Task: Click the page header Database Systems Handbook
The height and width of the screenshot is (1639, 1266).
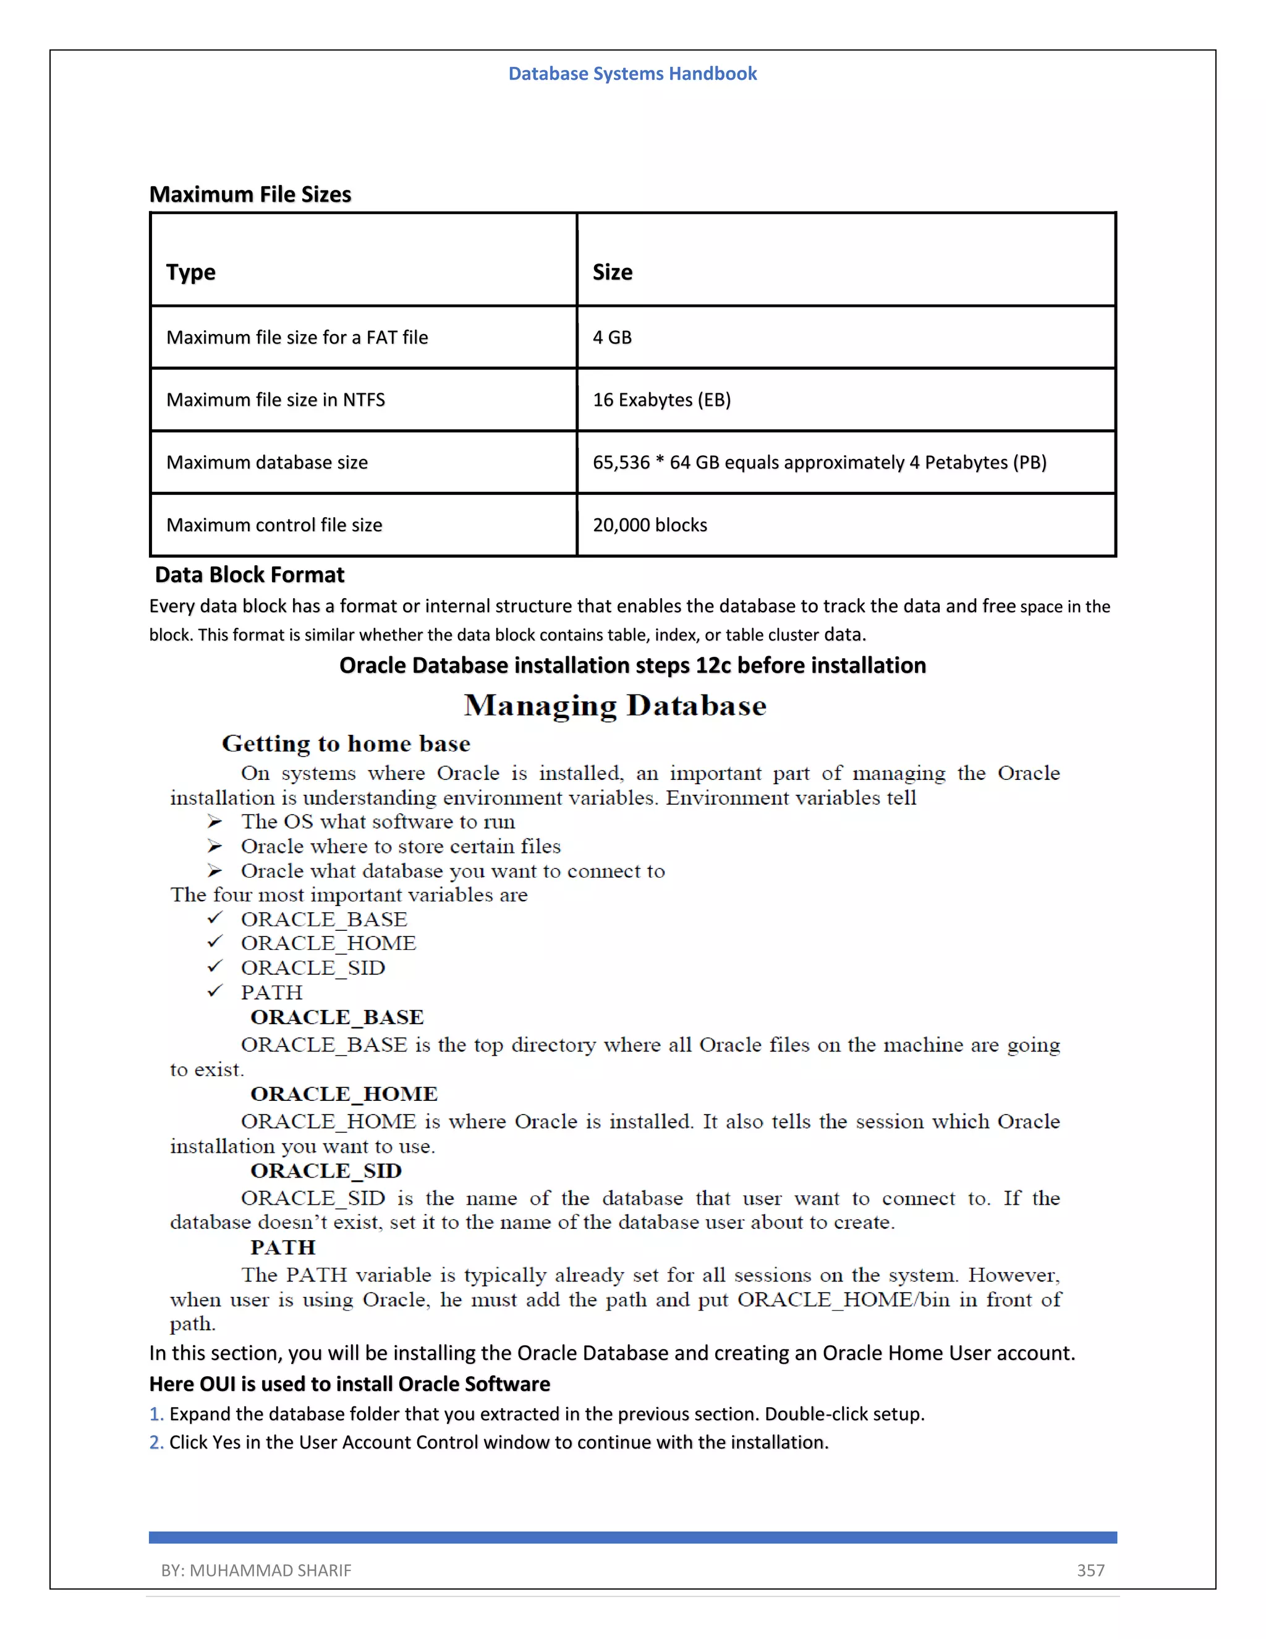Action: pyautogui.click(x=632, y=74)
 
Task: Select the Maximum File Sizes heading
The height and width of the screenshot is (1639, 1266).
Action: pyautogui.click(x=250, y=194)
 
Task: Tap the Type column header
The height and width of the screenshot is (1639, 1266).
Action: pyautogui.click(x=190, y=272)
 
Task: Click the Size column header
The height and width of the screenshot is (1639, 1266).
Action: pyautogui.click(x=612, y=272)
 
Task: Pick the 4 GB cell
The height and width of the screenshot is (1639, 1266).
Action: pyautogui.click(x=612, y=338)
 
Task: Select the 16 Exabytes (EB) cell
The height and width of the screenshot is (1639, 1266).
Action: pyautogui.click(x=661, y=400)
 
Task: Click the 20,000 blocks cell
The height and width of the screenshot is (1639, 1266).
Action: pyautogui.click(x=650, y=525)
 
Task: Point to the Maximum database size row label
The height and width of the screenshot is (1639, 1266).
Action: pyautogui.click(x=267, y=462)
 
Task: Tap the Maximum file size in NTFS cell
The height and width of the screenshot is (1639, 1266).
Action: pyautogui.click(x=275, y=400)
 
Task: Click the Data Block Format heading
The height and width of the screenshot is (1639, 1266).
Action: pyautogui.click(x=249, y=575)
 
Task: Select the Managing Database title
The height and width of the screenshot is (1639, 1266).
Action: pyautogui.click(x=615, y=706)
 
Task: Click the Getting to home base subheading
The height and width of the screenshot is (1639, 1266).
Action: pyautogui.click(x=346, y=743)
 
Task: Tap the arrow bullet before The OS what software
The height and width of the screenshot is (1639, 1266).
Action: pyautogui.click(x=215, y=822)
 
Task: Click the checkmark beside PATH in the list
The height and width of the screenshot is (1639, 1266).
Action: pyautogui.click(x=215, y=991)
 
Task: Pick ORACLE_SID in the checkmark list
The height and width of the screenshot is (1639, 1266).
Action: pyautogui.click(x=313, y=968)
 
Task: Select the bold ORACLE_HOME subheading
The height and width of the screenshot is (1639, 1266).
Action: pyautogui.click(x=344, y=1094)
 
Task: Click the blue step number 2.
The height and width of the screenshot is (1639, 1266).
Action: pyautogui.click(x=155, y=1442)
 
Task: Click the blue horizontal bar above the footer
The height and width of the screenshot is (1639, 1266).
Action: pyautogui.click(x=632, y=1538)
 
